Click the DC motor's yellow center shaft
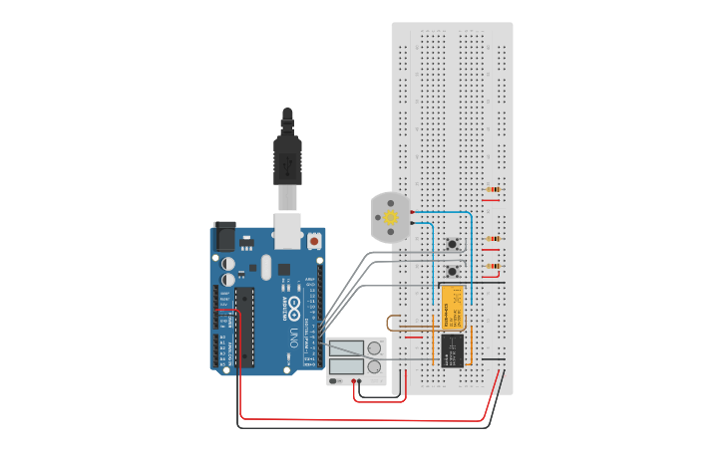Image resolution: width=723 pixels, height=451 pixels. click(391, 217)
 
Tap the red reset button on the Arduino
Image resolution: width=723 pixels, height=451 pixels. click(314, 240)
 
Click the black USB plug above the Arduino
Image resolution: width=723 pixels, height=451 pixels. click(287, 159)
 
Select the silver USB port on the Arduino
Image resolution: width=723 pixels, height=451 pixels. click(287, 230)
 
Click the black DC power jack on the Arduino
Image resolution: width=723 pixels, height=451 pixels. click(224, 236)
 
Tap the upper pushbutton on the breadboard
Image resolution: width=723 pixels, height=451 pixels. click(453, 244)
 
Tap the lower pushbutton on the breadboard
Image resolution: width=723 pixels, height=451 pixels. click(453, 271)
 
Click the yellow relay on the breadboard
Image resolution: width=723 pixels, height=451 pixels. click(452, 308)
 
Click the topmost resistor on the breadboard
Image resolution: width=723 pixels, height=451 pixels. click(493, 189)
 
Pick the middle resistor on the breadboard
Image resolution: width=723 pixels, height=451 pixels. click(493, 239)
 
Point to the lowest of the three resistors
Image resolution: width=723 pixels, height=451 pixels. click(493, 266)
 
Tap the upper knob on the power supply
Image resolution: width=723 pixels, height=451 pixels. click(374, 348)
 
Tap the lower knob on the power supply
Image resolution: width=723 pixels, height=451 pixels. click(374, 367)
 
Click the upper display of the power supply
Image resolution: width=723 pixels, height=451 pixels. click(346, 348)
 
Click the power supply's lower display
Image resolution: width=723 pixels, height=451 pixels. click(346, 366)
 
